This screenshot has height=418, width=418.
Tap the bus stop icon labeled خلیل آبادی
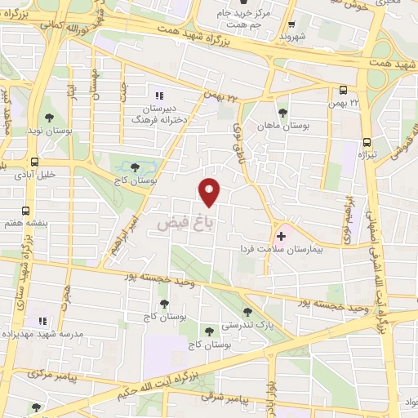(34, 162)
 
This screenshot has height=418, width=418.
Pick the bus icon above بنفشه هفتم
(26, 211)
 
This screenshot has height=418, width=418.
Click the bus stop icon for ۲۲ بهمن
(344, 91)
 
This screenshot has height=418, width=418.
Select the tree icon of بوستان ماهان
(282, 113)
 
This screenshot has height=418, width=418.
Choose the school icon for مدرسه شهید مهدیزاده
(42, 321)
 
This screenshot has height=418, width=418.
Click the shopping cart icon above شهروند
(291, 24)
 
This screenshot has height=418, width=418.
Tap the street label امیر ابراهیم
(117, 237)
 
